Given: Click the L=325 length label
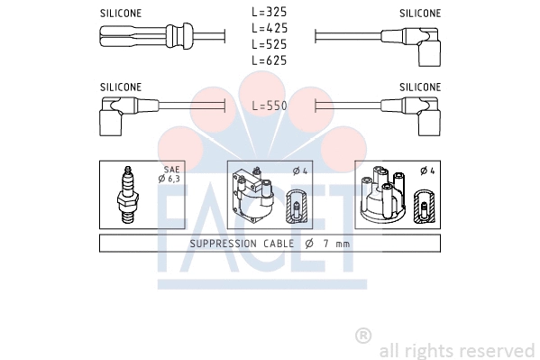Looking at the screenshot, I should click(269, 14).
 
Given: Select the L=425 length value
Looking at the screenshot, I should click(269, 29).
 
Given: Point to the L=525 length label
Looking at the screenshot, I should click(269, 44).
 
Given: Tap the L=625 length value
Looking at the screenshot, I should click(269, 60).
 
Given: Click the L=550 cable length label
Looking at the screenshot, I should click(269, 106).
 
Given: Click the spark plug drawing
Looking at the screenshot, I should click(128, 195).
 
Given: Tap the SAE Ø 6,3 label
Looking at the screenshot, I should click(169, 174).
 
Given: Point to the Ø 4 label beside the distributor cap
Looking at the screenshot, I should click(426, 171).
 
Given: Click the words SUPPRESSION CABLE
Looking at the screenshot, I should click(241, 244).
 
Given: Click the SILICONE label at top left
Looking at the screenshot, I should click(121, 14).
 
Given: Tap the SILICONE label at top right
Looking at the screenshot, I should click(420, 14).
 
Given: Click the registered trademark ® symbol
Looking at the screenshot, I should click(363, 336).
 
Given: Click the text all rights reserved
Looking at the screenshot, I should click(457, 350).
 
